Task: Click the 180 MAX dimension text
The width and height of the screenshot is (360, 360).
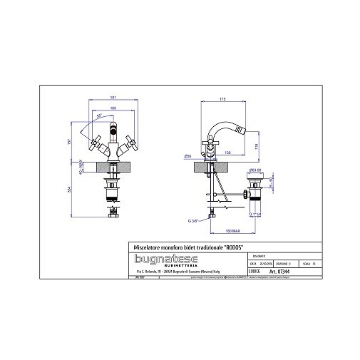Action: coord(227,231)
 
